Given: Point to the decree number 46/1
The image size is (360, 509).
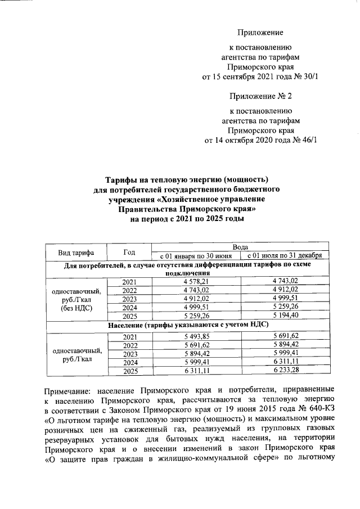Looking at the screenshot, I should tap(308, 140).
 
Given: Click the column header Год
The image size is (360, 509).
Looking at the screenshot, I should tap(129, 252).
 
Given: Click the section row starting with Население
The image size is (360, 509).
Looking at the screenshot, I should tap(183, 326).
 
